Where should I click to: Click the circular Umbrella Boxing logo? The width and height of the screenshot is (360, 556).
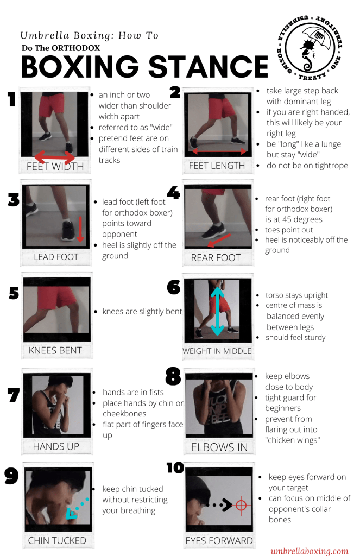[x=310, y=47]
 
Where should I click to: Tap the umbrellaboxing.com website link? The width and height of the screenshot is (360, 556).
[x=310, y=551]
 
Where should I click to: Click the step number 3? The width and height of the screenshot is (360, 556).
[x=14, y=200]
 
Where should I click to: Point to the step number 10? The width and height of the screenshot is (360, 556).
[x=175, y=467]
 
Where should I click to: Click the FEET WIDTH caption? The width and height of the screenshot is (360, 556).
[x=55, y=166]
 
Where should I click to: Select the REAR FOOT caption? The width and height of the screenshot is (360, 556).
[x=216, y=257]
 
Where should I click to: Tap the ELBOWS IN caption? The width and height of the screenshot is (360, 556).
[x=219, y=447]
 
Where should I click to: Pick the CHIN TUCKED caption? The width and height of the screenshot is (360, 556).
[x=57, y=540]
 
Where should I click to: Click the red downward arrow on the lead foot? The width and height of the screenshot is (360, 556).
[x=80, y=229]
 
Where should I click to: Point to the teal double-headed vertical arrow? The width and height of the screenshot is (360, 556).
[x=217, y=311]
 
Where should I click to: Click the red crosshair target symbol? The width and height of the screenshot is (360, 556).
[x=241, y=504]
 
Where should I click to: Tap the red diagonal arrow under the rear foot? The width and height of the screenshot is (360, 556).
[x=219, y=240]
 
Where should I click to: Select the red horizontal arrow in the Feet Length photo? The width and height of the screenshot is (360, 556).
[x=219, y=151]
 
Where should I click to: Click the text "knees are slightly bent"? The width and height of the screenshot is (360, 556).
[x=142, y=311]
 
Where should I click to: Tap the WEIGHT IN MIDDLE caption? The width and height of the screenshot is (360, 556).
[x=217, y=351]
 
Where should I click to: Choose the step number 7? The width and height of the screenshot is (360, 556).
[x=14, y=395]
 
